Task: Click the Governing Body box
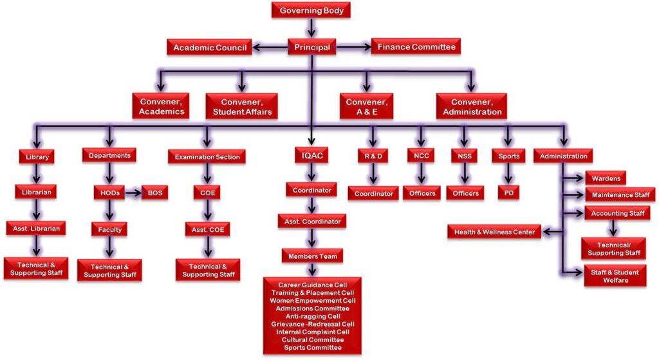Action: [x=311, y=10]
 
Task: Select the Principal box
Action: [x=311, y=47]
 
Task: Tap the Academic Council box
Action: [x=210, y=47]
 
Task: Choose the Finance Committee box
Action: [x=416, y=47]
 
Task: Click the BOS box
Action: [x=155, y=193]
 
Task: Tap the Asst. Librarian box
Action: [x=35, y=228]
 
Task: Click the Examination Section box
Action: [x=207, y=156]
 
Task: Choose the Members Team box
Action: [x=312, y=256]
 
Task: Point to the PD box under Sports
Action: [x=508, y=193]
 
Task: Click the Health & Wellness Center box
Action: [x=494, y=232]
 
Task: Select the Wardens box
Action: [x=606, y=177]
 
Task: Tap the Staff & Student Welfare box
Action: [x=615, y=276]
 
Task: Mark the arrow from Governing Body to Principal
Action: [x=311, y=28]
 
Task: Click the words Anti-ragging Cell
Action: [x=312, y=316]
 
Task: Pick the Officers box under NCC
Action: [x=421, y=193]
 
